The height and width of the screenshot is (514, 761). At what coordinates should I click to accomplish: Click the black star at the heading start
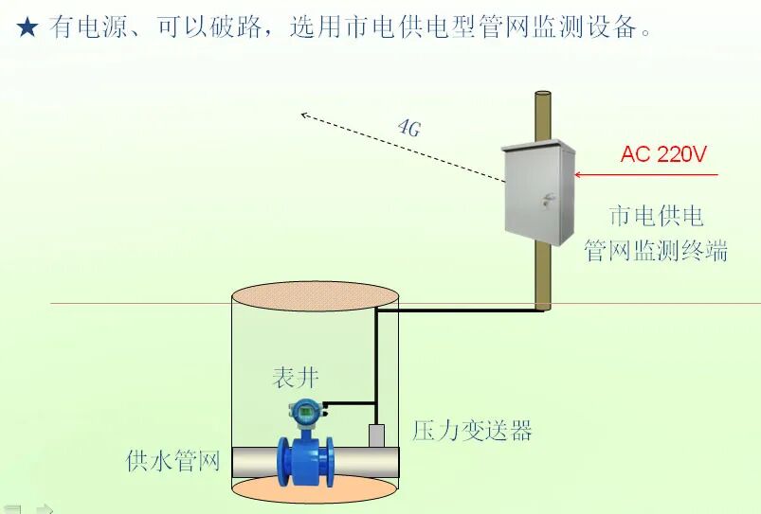(x=27, y=28)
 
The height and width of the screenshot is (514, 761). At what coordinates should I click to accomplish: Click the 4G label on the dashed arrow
(x=408, y=128)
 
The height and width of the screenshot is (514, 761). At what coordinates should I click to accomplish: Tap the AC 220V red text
(x=663, y=154)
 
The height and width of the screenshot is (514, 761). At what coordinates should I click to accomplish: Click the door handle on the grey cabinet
(x=547, y=199)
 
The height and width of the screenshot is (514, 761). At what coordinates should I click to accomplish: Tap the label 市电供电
(x=656, y=216)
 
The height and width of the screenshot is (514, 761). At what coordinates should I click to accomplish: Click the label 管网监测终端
(x=656, y=250)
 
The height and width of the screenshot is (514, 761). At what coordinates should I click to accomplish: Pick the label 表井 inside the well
(x=296, y=378)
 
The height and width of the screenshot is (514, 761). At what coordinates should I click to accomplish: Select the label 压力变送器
(x=472, y=431)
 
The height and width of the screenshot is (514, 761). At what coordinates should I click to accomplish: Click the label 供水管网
(x=173, y=461)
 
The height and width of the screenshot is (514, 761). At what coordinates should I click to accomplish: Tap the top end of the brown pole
(x=542, y=94)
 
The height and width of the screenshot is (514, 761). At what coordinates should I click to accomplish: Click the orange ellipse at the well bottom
(x=315, y=488)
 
